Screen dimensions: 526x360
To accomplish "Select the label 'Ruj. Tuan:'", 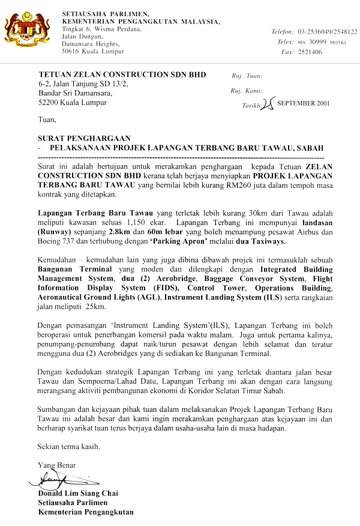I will [x=247, y=76].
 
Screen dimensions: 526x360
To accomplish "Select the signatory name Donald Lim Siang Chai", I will [x=78, y=494].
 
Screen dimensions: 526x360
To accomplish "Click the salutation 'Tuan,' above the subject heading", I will [x=46, y=120].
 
